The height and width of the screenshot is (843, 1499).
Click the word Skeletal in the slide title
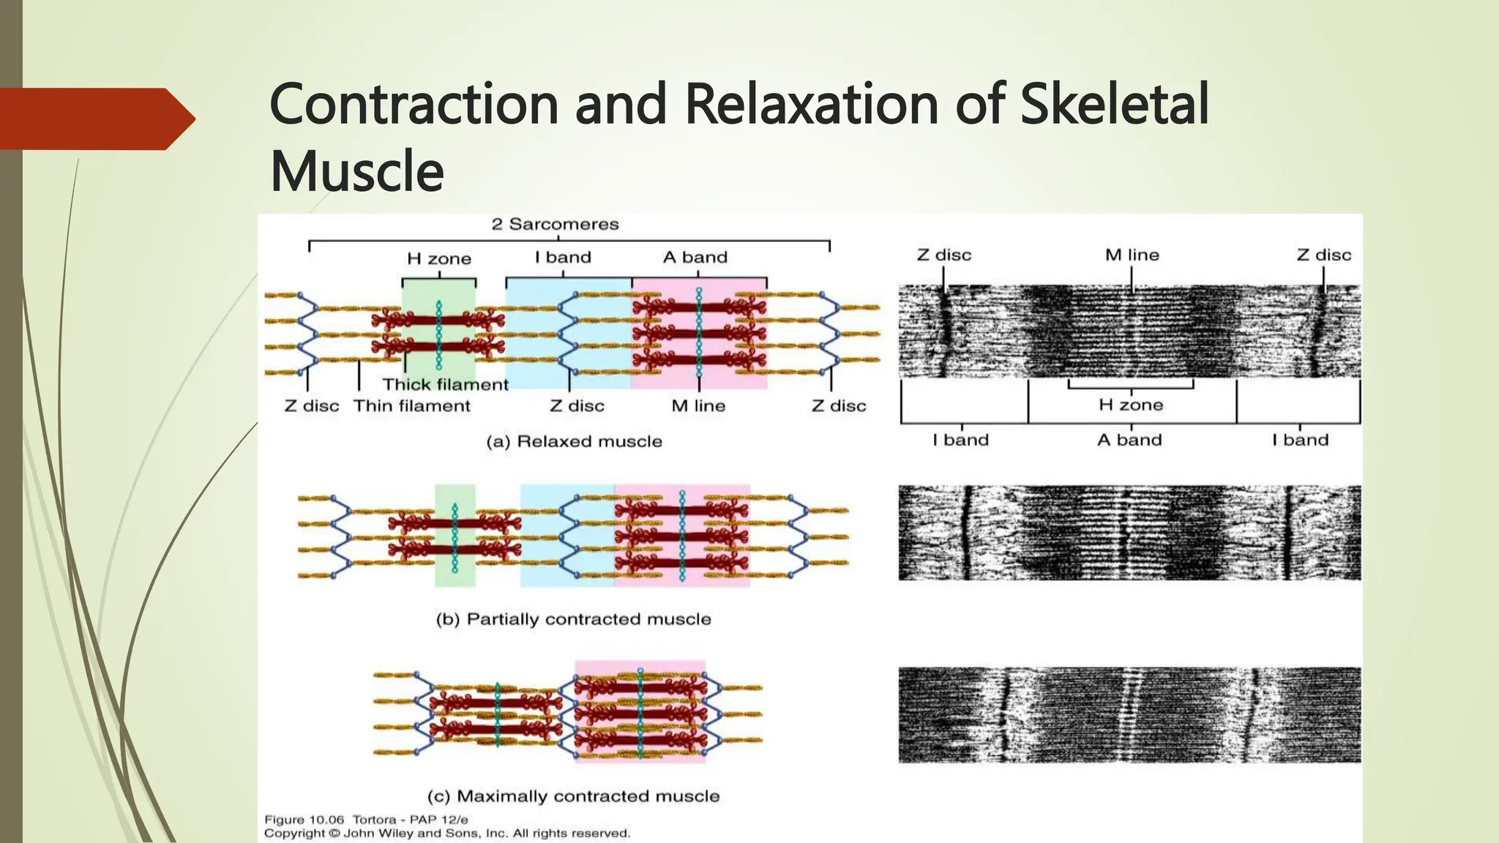pyautogui.click(x=1114, y=104)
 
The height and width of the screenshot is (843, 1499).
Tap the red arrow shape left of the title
pyautogui.click(x=95, y=119)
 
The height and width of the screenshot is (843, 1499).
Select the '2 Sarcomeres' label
pyautogui.click(x=555, y=224)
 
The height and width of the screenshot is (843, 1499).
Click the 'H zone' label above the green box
pyautogui.click(x=439, y=258)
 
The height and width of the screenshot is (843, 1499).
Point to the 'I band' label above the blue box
pyautogui.click(x=563, y=257)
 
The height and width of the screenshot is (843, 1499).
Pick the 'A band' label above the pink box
pyautogui.click(x=695, y=257)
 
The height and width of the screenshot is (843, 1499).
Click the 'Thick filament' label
pyautogui.click(x=445, y=384)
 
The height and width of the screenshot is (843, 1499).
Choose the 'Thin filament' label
pyautogui.click(x=411, y=405)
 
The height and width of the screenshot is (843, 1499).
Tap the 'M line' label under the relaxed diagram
pyautogui.click(x=698, y=405)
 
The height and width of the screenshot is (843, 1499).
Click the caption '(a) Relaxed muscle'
pyautogui.click(x=574, y=441)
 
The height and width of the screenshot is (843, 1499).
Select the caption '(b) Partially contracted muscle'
pyautogui.click(x=573, y=619)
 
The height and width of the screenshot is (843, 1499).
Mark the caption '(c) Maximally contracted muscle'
pyautogui.click(x=573, y=796)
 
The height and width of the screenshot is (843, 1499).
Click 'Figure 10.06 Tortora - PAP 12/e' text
pyautogui.click(x=366, y=820)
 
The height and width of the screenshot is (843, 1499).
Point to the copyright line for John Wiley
pyautogui.click(x=446, y=833)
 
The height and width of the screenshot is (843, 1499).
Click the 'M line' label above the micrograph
pyautogui.click(x=1132, y=255)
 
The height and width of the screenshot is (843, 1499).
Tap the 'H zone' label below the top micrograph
pyautogui.click(x=1131, y=405)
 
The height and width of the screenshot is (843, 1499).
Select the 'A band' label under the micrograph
pyautogui.click(x=1129, y=440)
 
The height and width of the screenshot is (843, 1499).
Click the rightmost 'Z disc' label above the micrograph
pyautogui.click(x=1324, y=255)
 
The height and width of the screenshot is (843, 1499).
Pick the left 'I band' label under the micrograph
pyautogui.click(x=960, y=440)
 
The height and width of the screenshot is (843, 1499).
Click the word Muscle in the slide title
pyautogui.click(x=357, y=171)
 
